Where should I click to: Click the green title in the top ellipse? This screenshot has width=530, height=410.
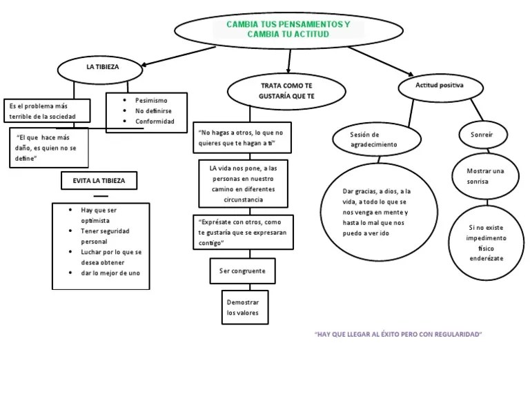click(x=288, y=29)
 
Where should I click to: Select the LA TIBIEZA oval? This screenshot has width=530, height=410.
click(x=101, y=68)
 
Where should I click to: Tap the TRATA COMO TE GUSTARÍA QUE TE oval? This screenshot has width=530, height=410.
click(x=286, y=90)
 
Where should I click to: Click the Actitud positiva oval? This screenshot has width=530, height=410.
click(x=440, y=86)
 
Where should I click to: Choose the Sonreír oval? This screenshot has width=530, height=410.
click(x=481, y=134)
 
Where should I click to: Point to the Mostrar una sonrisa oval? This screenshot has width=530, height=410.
click(x=485, y=176)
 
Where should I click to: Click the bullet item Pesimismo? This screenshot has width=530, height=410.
click(x=151, y=100)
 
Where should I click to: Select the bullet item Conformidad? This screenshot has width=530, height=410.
click(x=154, y=121)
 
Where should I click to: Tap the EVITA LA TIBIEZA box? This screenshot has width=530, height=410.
click(x=99, y=181)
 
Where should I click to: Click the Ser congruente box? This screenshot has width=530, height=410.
click(x=242, y=271)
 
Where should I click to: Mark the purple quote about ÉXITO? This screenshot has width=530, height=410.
click(x=397, y=334)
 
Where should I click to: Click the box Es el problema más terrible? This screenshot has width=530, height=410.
click(x=47, y=110)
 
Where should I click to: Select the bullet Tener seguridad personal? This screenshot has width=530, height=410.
click(x=105, y=236)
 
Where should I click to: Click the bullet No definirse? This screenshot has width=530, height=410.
click(x=153, y=110)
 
